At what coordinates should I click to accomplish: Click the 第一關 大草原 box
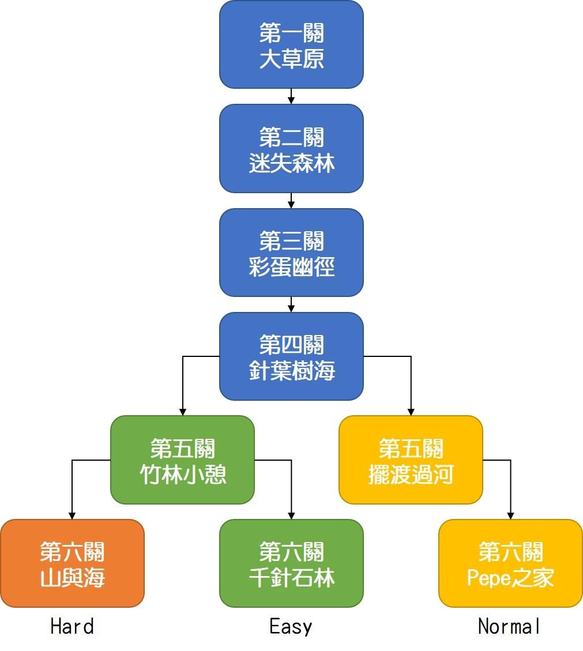tap(291, 45)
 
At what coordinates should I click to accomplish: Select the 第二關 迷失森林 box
tap(291, 149)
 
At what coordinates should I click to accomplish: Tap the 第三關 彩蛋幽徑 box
tap(291, 253)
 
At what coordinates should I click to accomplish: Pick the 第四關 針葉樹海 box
tap(291, 356)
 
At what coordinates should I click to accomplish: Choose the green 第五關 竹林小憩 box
tap(182, 460)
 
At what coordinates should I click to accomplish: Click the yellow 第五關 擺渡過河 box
tap(411, 460)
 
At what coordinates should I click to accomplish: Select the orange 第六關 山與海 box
tap(72, 563)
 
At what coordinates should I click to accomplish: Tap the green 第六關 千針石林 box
tap(291, 563)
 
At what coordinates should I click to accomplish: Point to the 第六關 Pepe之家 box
tap(510, 563)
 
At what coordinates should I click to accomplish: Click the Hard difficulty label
tap(72, 626)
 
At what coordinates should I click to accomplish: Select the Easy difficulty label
tap(291, 626)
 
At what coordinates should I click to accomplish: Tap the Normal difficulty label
tap(510, 626)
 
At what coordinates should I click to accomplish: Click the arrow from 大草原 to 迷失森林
tap(291, 96)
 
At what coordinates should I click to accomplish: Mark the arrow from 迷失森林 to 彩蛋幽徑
tap(291, 200)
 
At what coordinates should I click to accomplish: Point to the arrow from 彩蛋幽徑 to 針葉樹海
tap(291, 304)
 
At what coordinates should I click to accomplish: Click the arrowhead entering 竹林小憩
tap(183, 412)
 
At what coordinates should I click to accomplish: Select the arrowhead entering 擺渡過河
tap(411, 412)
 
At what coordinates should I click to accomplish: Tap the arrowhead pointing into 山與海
tap(72, 515)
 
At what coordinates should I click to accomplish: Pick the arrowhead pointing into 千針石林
tap(291, 515)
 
